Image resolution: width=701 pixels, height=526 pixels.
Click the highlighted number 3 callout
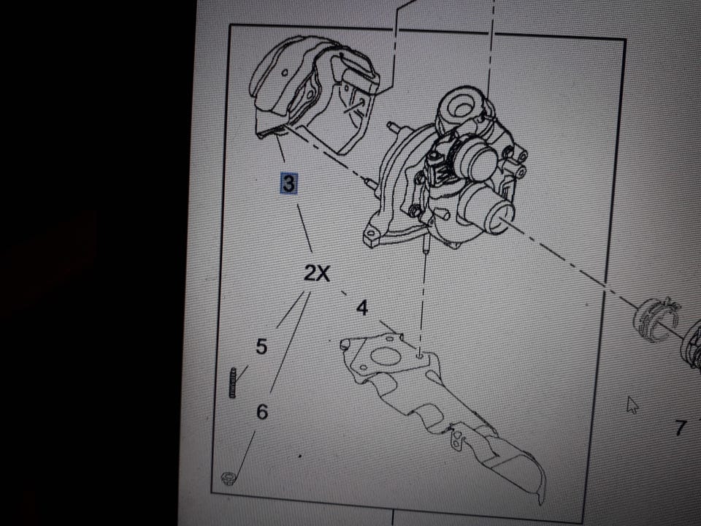(289, 183)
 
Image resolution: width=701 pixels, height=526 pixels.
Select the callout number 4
(362, 308)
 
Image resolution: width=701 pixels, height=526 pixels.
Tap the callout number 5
(261, 346)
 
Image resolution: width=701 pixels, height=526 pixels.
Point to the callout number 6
(262, 411)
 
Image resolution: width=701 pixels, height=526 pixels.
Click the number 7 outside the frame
(680, 428)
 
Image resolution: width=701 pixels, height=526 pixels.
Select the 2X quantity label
(316, 272)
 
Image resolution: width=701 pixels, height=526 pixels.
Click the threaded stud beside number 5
(232, 382)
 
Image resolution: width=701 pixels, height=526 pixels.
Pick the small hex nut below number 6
(228, 478)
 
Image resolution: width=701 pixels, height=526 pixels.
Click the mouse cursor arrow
(632, 405)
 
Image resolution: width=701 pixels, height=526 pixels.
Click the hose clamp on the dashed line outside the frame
(656, 319)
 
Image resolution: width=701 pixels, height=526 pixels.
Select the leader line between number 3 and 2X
(305, 228)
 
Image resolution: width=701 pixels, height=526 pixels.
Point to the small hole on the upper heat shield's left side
(285, 72)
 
